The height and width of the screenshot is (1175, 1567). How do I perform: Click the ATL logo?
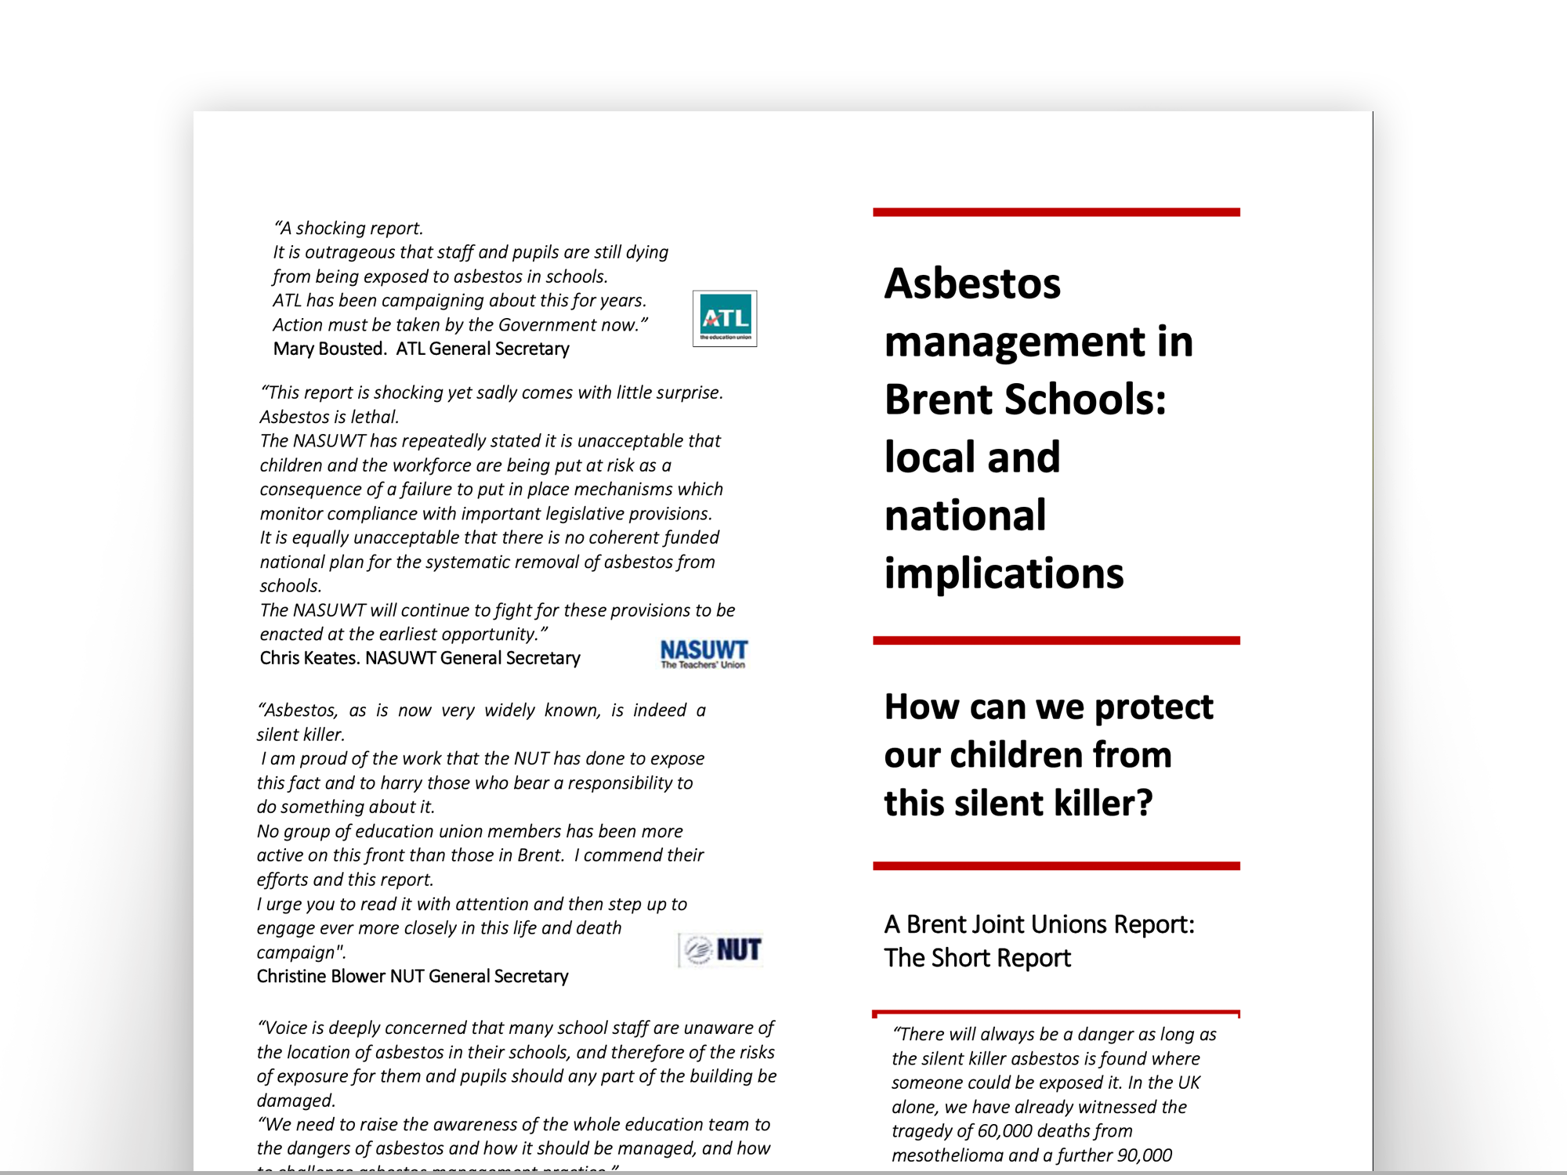click(725, 318)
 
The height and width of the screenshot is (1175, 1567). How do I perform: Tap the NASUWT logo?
click(704, 654)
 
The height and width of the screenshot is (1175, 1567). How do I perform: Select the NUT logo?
click(721, 950)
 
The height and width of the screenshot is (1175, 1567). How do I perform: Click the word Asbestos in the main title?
click(972, 284)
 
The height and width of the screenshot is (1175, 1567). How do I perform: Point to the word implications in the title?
click(1004, 573)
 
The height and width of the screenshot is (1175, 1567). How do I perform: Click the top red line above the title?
click(1056, 212)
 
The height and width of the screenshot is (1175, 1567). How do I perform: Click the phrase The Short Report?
click(977, 958)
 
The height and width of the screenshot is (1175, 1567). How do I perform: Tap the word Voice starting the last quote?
click(289, 1029)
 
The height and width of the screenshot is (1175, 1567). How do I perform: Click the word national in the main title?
click(965, 515)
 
